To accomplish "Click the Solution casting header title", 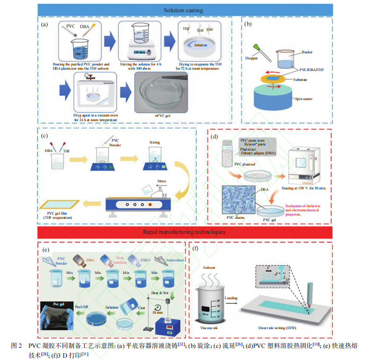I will point(185,10).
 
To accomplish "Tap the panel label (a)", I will point(44,24).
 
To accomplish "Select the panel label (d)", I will point(214,137).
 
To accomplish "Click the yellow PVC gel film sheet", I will point(59,204).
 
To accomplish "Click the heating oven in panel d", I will point(307,164).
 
